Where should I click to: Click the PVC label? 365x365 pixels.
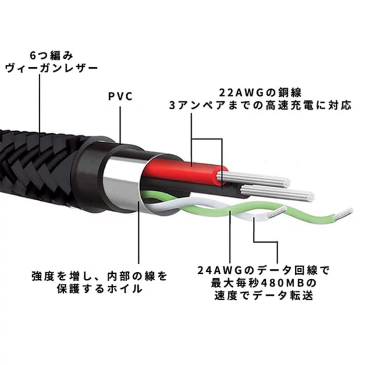120,97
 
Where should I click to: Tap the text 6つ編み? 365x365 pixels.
52,56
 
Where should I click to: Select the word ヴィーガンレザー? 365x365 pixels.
52,69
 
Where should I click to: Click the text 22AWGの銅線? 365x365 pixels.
260,93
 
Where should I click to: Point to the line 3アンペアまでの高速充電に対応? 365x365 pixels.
260,105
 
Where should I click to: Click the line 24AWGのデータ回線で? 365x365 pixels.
264,270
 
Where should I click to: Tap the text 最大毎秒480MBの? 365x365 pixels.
264,283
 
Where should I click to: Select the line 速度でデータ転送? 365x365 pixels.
264,296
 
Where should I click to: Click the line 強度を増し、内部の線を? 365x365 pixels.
99,276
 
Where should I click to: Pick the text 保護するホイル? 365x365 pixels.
99,289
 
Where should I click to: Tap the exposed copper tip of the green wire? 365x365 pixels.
343,214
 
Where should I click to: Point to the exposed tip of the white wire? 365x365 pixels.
277,212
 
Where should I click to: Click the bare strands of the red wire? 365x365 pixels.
253,179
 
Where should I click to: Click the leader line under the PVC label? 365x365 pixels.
120,125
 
